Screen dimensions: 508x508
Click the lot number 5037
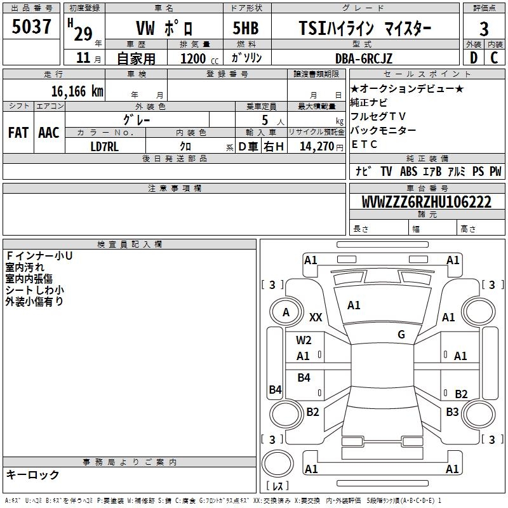[x=32, y=28]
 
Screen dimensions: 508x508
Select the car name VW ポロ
[x=164, y=29]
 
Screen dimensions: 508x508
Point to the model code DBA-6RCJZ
[x=364, y=58]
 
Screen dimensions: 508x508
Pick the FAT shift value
[x=18, y=132]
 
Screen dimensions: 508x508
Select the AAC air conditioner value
[x=49, y=132]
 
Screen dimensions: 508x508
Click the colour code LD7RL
[x=105, y=146]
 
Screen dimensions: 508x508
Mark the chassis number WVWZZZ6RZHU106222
[x=426, y=203]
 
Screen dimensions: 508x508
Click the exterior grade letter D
[x=472, y=58]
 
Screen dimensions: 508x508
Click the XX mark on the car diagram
[x=316, y=317]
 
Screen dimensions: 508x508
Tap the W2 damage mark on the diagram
[x=304, y=340]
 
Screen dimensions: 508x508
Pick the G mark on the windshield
[x=401, y=334]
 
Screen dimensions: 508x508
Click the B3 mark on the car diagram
[x=452, y=412]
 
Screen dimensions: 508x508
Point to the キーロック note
[x=32, y=475]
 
